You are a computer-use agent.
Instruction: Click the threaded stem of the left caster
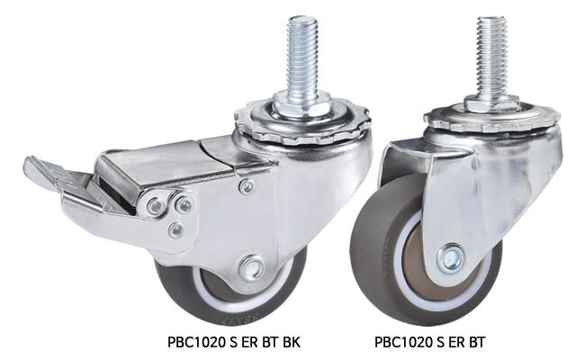(302, 56)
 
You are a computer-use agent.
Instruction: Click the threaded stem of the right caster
(491, 56)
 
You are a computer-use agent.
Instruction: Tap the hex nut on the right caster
(491, 103)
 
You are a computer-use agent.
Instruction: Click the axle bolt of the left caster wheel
(251, 267)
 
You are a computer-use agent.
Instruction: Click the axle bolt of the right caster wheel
(452, 257)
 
